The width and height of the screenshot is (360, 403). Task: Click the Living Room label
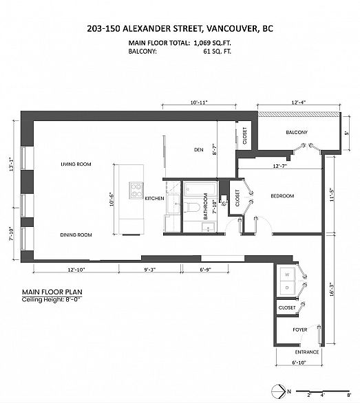[76, 164]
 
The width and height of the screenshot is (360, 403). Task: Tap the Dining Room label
[76, 235]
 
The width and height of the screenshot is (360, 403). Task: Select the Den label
[199, 150]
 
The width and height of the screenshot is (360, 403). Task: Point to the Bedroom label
[282, 196]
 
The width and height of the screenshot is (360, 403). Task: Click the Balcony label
[297, 132]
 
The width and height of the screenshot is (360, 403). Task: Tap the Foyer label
[300, 329]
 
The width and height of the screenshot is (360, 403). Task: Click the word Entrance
[307, 352]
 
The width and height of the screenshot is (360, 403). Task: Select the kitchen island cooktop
[136, 190]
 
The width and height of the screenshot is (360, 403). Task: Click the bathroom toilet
[191, 207]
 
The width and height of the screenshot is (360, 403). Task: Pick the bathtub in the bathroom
[200, 189]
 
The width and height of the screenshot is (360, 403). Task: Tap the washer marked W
[287, 274]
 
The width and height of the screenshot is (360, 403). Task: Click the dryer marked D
[287, 287]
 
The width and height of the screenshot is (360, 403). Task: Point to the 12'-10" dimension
[76, 270]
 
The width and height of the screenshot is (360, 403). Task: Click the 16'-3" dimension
[332, 290]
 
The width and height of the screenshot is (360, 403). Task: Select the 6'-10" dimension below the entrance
[299, 362]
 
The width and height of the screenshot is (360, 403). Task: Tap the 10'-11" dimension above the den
[199, 102]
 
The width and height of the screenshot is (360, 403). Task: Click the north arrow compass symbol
[278, 391]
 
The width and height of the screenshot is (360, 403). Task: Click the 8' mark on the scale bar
[349, 395]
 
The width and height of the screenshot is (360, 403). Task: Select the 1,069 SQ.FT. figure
[212, 43]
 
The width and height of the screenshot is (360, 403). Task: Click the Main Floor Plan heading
[52, 292]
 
